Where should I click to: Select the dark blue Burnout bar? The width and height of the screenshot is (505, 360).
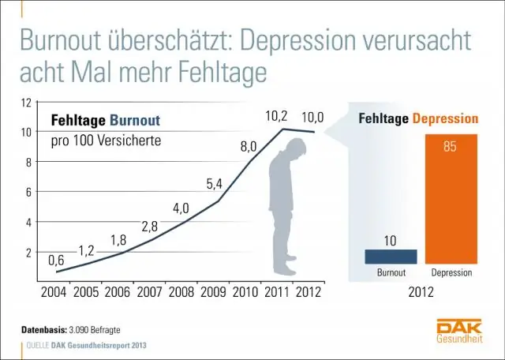pos(391,256)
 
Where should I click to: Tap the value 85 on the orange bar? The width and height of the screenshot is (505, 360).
pos(451,147)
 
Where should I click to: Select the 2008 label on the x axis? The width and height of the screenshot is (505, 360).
pos(182,291)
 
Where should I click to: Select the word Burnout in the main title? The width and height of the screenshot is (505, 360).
pos(65,41)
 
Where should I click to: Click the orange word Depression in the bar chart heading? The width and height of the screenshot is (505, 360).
pos(447,119)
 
